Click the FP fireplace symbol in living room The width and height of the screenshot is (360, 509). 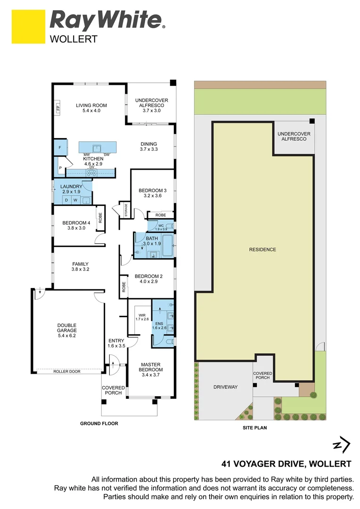coord(58,108)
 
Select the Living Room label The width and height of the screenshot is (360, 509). coord(91,108)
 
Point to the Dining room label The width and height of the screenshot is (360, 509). coord(148,147)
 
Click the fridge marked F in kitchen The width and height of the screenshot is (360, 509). coord(60,148)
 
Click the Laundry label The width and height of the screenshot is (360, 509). coord(71,189)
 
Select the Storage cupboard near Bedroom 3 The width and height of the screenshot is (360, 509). coord(126,211)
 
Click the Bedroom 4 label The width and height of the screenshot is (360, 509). coord(76,226)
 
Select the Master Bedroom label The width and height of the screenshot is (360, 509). coord(151,368)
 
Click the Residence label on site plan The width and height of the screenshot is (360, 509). coord(262,249)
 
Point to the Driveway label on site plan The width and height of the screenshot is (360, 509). coord(226,387)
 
